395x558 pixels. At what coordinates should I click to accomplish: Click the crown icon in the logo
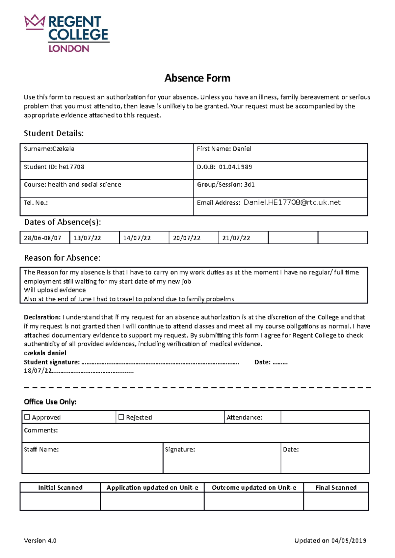34,22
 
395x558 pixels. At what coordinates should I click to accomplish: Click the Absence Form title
197,78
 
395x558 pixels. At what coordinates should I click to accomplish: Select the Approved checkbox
27,417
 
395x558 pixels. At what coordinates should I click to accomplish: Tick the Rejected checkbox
121,417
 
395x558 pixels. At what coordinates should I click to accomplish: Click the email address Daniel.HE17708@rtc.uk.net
292,202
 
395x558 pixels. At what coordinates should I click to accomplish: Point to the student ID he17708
71,167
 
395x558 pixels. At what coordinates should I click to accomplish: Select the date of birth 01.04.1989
235,167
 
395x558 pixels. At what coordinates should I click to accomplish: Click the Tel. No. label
36,203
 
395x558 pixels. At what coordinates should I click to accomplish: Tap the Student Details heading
54,133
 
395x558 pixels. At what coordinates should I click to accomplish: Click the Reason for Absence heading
62,258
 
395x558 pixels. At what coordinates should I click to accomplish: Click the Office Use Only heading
50,402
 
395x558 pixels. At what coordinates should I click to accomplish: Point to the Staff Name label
41,450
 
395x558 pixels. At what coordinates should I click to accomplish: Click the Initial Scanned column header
60,488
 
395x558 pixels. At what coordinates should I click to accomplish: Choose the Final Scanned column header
336,488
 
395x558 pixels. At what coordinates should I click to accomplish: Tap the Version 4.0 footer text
40,541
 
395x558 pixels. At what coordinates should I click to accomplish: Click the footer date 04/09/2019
349,541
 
